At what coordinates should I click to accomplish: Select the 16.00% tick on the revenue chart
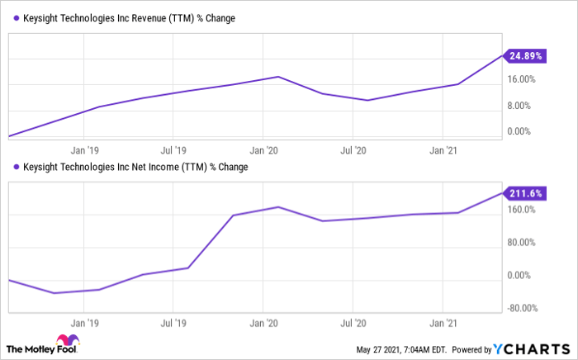(523, 79)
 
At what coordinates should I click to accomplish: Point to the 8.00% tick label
(523, 105)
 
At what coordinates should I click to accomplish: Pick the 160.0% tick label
(522, 210)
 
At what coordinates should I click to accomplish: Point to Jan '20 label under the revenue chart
(263, 151)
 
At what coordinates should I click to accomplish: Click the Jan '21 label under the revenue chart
(445, 151)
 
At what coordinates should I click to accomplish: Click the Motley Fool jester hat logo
(64, 343)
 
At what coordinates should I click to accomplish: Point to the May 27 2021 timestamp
(400, 348)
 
